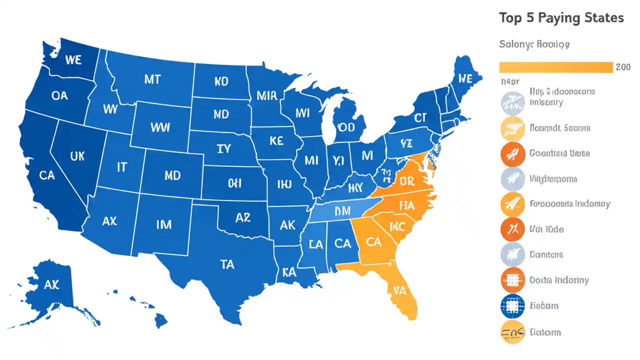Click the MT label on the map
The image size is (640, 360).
click(x=152, y=78)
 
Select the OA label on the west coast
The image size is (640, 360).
click(x=59, y=95)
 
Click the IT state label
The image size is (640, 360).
click(x=121, y=167)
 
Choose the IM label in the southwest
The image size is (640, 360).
click(x=163, y=224)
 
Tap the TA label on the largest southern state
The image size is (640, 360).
click(x=226, y=264)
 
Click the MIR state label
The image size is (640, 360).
click(x=266, y=95)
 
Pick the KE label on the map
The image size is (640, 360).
click(x=276, y=141)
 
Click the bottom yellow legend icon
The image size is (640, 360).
click(x=512, y=332)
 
